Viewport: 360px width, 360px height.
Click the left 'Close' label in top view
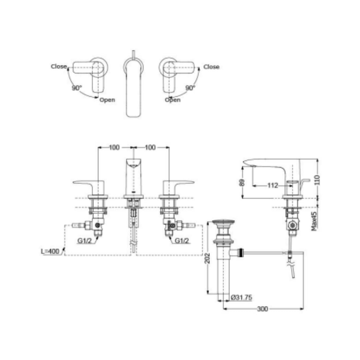pos(59,66)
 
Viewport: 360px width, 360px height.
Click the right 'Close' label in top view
pos(211,67)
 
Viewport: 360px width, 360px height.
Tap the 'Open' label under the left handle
pos(107,100)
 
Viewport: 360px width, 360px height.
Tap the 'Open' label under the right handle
pos(173,100)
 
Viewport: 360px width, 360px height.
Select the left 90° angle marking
pos(77,88)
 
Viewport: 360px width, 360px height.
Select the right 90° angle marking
pos(190,88)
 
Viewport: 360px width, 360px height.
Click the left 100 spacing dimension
pos(114,147)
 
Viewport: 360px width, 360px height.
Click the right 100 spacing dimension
pos(150,147)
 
